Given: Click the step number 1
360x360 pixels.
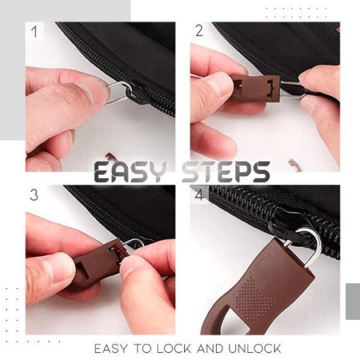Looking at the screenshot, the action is click(x=35, y=32).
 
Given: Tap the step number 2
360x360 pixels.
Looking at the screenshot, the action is click(x=199, y=31).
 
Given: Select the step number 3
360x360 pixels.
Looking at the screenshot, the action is click(x=34, y=195).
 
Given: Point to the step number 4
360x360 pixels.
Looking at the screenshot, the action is click(x=199, y=196).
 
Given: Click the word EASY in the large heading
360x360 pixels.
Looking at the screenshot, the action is click(x=129, y=172).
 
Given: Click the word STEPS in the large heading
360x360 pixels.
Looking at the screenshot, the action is click(x=226, y=172).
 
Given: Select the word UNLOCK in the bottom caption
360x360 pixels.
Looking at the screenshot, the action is click(x=254, y=349).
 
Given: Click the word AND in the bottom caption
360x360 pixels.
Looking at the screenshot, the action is click(x=210, y=349).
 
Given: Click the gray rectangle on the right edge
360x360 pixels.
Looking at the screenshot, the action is click(x=353, y=301).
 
